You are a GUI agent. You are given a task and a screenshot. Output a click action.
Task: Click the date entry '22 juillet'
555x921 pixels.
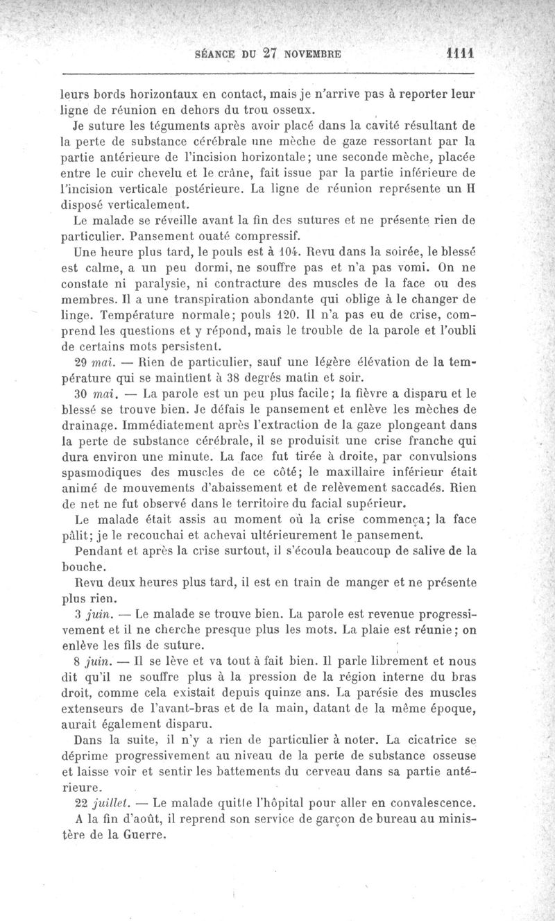pyautogui.click(x=99, y=804)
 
